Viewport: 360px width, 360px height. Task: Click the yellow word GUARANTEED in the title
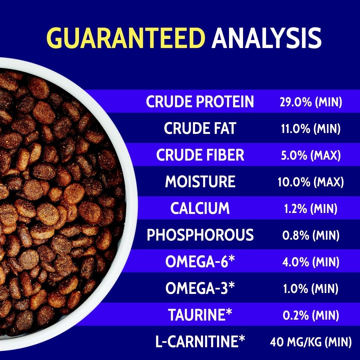point(126,38)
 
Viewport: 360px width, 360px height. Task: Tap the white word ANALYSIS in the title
point(267,38)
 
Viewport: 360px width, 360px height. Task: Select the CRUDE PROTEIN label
point(200,101)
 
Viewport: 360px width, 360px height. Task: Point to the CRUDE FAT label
point(200,128)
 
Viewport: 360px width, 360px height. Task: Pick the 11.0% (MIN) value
point(311,128)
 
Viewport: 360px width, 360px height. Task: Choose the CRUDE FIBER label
point(200,155)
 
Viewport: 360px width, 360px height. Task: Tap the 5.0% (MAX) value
point(311,155)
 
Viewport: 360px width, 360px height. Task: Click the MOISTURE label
point(200,181)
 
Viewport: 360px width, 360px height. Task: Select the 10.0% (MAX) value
point(311,182)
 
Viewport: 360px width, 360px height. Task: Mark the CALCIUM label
point(200,208)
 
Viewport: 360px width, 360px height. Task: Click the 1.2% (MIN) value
point(311,208)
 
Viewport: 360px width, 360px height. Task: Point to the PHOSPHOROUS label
point(200,235)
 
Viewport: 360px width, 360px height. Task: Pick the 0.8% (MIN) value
point(311,235)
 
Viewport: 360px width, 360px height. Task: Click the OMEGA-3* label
point(200,288)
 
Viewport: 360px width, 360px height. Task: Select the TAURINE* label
point(200,314)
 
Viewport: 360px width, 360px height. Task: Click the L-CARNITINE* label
point(200,341)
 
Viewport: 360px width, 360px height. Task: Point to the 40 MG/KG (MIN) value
point(311,342)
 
